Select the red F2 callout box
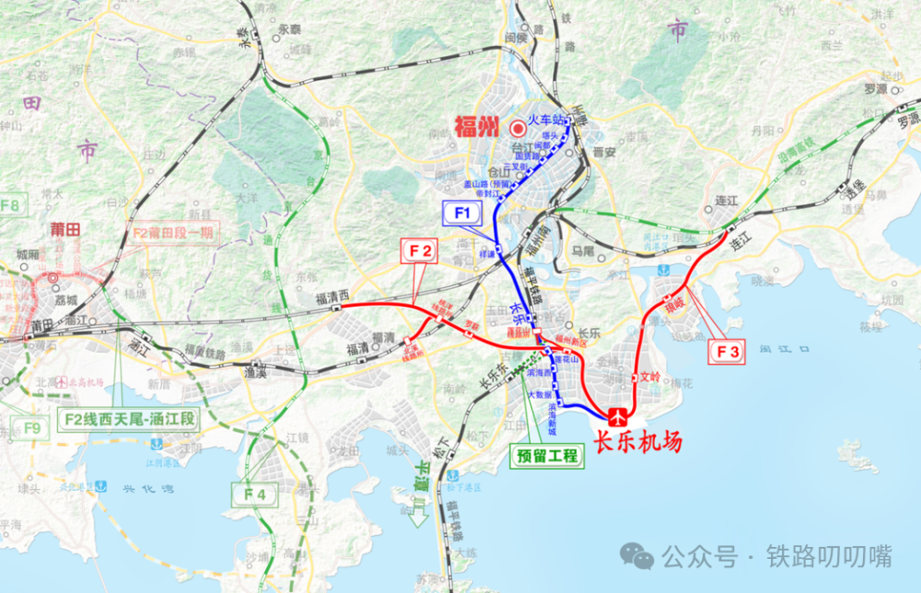[420, 250]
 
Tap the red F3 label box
[729, 351]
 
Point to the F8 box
[10, 204]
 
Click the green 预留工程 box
[546, 456]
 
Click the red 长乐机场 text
[638, 443]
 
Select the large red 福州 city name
[476, 126]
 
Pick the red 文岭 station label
[651, 377]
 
